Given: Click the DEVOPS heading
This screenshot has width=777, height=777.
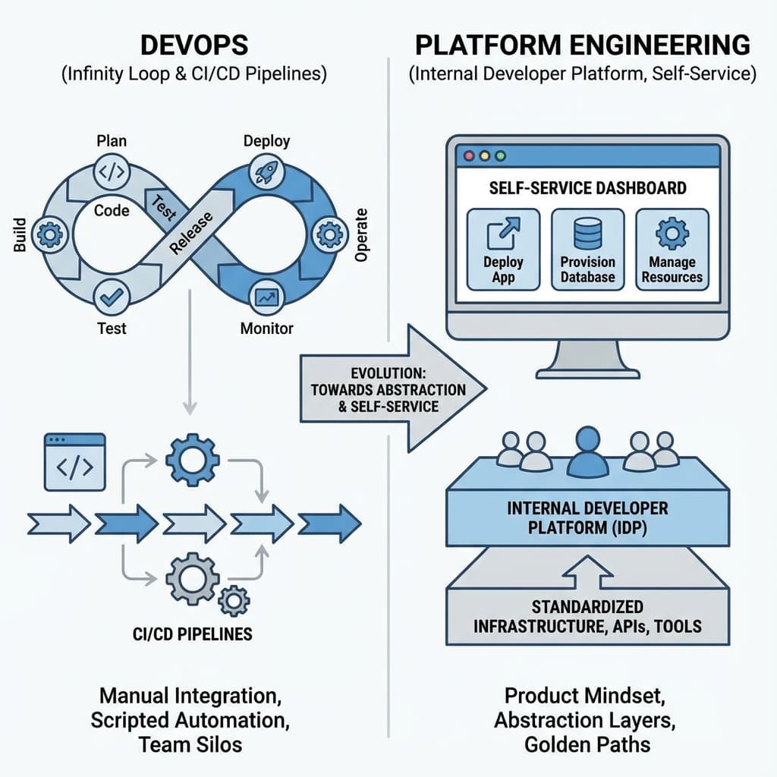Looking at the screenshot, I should point(194,45).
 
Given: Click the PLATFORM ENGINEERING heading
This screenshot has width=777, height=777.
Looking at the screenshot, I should point(583,45).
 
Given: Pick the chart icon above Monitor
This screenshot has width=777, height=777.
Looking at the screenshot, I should point(266,297).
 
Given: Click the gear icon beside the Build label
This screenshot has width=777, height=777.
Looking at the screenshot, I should point(50,236).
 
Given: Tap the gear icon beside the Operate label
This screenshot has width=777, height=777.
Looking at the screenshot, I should point(329,235).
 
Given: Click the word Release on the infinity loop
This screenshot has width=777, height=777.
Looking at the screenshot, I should point(190,232).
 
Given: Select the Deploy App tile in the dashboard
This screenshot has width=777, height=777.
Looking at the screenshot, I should point(504,250).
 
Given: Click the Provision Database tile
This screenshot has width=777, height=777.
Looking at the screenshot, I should point(587,250).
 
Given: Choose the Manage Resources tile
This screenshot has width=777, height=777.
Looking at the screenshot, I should point(672,250).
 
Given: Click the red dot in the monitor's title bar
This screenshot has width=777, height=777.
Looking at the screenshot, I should point(469,156).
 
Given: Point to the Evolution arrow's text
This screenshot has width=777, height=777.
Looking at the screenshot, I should point(388,389).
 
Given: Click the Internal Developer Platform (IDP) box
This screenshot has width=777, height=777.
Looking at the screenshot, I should point(587,517).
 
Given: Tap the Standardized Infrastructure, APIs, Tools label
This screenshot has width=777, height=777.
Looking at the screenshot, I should point(587,617).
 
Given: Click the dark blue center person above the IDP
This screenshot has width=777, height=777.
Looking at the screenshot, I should point(587,448).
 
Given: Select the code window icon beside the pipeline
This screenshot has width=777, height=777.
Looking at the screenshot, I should point(75,462).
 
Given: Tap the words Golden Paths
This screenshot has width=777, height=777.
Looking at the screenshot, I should point(587,744).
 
